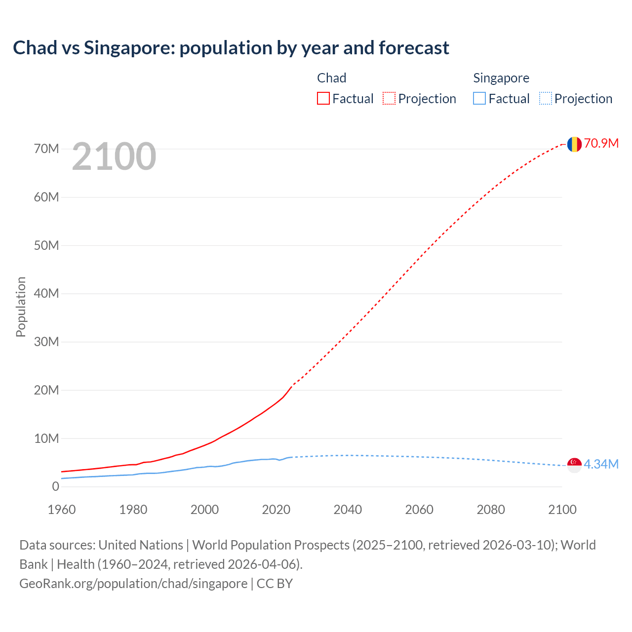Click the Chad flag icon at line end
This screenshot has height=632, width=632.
[x=574, y=144]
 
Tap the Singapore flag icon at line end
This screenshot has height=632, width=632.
[x=574, y=465]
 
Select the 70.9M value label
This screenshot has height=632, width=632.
[x=601, y=144]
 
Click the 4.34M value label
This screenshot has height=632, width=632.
[x=601, y=465]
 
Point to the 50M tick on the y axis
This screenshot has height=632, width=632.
[x=46, y=245]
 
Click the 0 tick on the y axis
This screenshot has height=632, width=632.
[x=55, y=487]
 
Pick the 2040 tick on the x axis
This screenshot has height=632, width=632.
[x=348, y=510]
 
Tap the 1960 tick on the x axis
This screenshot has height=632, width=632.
[x=62, y=510]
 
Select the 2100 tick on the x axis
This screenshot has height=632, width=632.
[x=562, y=510]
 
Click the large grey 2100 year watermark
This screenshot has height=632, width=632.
[x=114, y=157]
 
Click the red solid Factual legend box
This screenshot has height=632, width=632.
[x=323, y=98]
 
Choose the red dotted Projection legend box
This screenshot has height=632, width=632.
[x=389, y=98]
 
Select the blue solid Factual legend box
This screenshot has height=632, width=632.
[x=479, y=98]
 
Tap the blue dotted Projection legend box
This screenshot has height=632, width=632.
[x=546, y=98]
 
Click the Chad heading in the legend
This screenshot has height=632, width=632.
[x=331, y=78]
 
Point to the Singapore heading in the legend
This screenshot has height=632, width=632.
[x=501, y=78]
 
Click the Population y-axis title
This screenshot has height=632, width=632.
[x=21, y=307]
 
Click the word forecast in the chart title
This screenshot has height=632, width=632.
[x=414, y=48]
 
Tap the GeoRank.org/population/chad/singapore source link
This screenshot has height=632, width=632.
[x=133, y=584]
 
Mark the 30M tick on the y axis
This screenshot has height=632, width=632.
[x=46, y=342]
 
